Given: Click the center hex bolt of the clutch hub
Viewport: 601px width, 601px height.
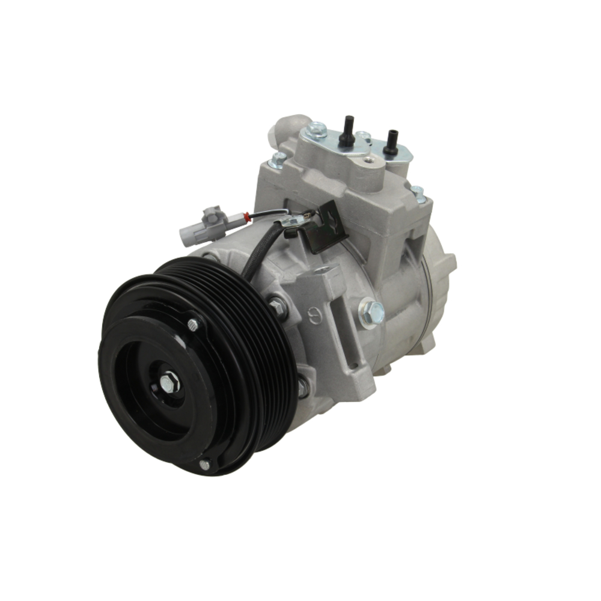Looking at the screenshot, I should tap(169, 382).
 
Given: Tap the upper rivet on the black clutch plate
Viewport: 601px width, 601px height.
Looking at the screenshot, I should tap(192, 325).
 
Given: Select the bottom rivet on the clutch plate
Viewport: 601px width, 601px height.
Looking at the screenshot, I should tap(204, 464).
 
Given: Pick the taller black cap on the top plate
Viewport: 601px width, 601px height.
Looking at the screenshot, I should tap(346, 133).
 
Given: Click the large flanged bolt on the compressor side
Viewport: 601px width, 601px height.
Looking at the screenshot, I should tap(372, 312).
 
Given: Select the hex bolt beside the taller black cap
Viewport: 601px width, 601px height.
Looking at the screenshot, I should tap(316, 129).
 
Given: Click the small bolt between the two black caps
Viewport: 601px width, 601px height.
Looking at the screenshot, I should tap(363, 137).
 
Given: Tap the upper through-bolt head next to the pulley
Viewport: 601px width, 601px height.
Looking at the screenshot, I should tap(277, 305).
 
